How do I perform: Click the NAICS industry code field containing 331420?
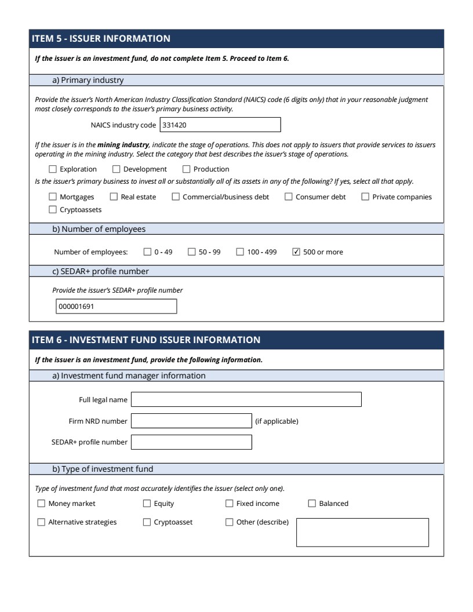point(220,125)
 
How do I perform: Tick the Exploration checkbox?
point(53,169)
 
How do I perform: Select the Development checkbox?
point(117,169)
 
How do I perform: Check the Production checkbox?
point(187,169)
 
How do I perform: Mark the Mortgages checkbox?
point(53,197)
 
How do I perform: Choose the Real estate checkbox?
point(114,197)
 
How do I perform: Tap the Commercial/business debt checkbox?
point(176,197)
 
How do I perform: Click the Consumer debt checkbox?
point(289,197)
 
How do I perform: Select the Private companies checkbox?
point(366,197)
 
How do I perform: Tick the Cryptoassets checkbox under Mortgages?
point(53,210)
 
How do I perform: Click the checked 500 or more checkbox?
point(297,252)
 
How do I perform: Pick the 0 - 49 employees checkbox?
point(147,252)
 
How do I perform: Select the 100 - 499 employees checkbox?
point(240,252)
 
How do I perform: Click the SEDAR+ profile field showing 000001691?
point(115,307)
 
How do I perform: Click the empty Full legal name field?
point(246,399)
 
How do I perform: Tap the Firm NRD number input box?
point(191,421)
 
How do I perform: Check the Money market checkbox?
point(41,504)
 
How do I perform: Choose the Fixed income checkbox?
point(230,504)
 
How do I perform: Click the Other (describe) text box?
point(362,532)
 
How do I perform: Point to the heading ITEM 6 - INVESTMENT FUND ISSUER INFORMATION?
point(148,340)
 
